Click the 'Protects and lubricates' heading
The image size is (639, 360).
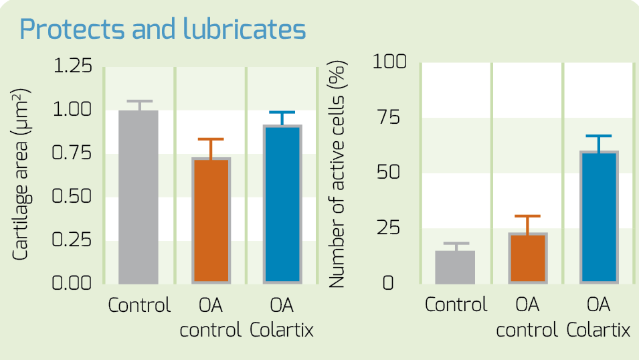[163, 29]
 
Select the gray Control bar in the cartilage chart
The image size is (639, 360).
[139, 197]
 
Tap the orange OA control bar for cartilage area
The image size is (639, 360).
[211, 221]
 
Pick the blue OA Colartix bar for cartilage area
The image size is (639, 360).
[282, 204]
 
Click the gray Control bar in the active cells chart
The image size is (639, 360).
[455, 268]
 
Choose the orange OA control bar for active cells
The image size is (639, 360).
[528, 258]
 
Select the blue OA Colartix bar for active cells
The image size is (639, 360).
[599, 217]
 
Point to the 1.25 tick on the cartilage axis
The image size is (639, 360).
[72, 66]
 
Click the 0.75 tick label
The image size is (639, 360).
[72, 153]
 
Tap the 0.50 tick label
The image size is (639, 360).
[72, 196]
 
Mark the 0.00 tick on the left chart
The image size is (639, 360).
[72, 282]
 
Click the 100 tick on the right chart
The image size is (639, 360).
[389, 62]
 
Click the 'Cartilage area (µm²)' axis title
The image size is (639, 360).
[20, 175]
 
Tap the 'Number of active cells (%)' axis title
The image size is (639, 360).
[337, 175]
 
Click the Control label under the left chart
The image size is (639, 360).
[139, 305]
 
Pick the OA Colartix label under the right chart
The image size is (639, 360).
[598, 317]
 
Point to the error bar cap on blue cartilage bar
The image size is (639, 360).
[282, 112]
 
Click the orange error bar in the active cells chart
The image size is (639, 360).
[528, 225]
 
